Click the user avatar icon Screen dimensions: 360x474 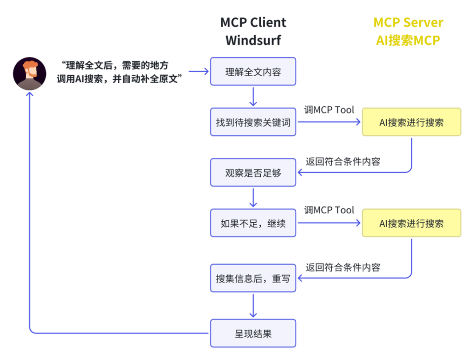click(30, 73)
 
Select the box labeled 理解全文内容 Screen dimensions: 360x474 click(253, 72)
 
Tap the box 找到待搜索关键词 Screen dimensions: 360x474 click(253, 122)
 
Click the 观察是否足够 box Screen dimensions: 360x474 click(253, 172)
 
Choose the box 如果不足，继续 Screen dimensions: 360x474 click(253, 223)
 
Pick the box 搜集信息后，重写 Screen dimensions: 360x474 click(253, 278)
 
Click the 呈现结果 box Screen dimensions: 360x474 click(253, 333)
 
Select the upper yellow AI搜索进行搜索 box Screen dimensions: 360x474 click(411, 122)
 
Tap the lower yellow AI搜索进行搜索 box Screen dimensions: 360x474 click(411, 223)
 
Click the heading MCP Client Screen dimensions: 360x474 click(253, 22)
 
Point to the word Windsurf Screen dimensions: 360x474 click(253, 40)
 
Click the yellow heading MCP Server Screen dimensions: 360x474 click(408, 22)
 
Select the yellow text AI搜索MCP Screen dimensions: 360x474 click(408, 40)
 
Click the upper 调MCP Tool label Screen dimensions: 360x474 click(329, 110)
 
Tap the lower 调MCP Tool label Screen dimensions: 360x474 click(329, 210)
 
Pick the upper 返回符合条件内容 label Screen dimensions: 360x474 click(343, 161)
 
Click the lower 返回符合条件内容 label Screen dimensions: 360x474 click(343, 267)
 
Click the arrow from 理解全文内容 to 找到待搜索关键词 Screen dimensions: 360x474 click(253, 97)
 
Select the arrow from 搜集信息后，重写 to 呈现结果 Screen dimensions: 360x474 click(253, 306)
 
